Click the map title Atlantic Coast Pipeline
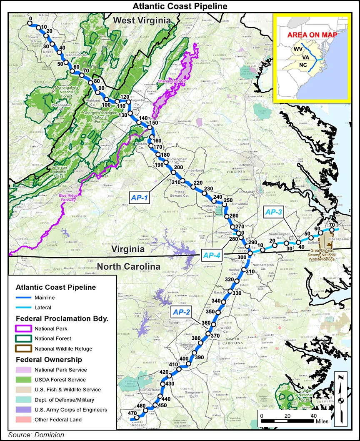(180, 6)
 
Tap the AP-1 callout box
(140, 198)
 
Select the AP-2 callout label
(182, 312)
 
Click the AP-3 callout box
(274, 212)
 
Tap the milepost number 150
(153, 123)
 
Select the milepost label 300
(242, 258)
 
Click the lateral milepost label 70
(332, 225)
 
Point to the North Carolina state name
(129, 267)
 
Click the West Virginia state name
(142, 20)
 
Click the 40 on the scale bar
(314, 416)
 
